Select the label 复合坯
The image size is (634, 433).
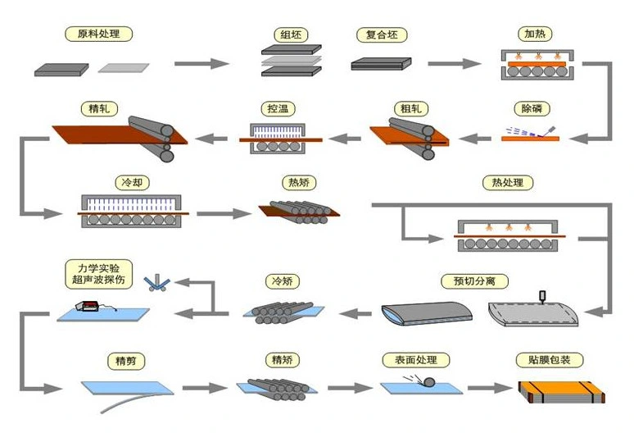(x=381, y=35)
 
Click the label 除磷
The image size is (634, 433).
(x=532, y=108)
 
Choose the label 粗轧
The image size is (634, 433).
(x=407, y=108)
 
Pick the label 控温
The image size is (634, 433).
(x=277, y=108)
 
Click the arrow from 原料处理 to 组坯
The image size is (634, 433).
(x=201, y=63)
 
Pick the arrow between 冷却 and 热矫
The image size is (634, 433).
(x=222, y=214)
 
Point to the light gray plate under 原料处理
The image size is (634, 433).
(x=125, y=67)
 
